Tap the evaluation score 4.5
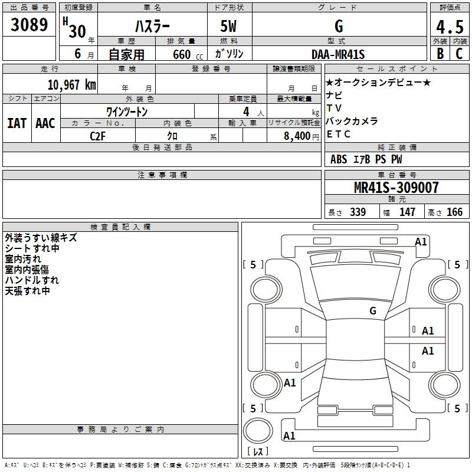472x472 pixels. point(450,27)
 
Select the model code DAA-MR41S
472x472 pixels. point(338,54)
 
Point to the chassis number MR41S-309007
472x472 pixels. point(396,188)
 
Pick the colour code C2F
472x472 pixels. point(97,135)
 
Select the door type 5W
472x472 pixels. point(230,27)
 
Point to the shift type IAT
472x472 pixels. point(17,123)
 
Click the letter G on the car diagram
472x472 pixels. point(373,310)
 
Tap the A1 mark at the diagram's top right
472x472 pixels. point(421,241)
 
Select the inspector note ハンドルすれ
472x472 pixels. point(32,280)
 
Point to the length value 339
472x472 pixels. point(358,212)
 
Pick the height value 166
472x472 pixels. point(454,212)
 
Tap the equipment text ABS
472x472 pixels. point(339,159)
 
